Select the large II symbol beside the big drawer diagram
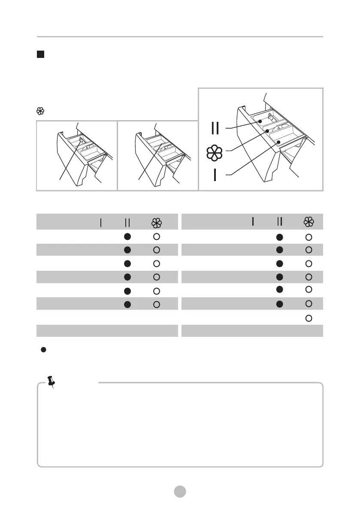pyautogui.click(x=215, y=128)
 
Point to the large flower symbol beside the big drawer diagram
pyautogui.click(x=215, y=153)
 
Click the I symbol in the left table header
pyautogui.click(x=100, y=222)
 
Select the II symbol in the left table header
pyautogui.click(x=127, y=222)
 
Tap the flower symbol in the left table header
pyautogui.click(x=157, y=222)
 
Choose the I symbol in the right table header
pyautogui.click(x=253, y=222)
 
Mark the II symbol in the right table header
pyautogui.click(x=280, y=222)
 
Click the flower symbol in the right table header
pyautogui.click(x=309, y=222)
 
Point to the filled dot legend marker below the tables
pyautogui.click(x=43, y=350)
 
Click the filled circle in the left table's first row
pyautogui.click(x=127, y=236)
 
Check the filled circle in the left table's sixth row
pyautogui.click(x=127, y=304)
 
